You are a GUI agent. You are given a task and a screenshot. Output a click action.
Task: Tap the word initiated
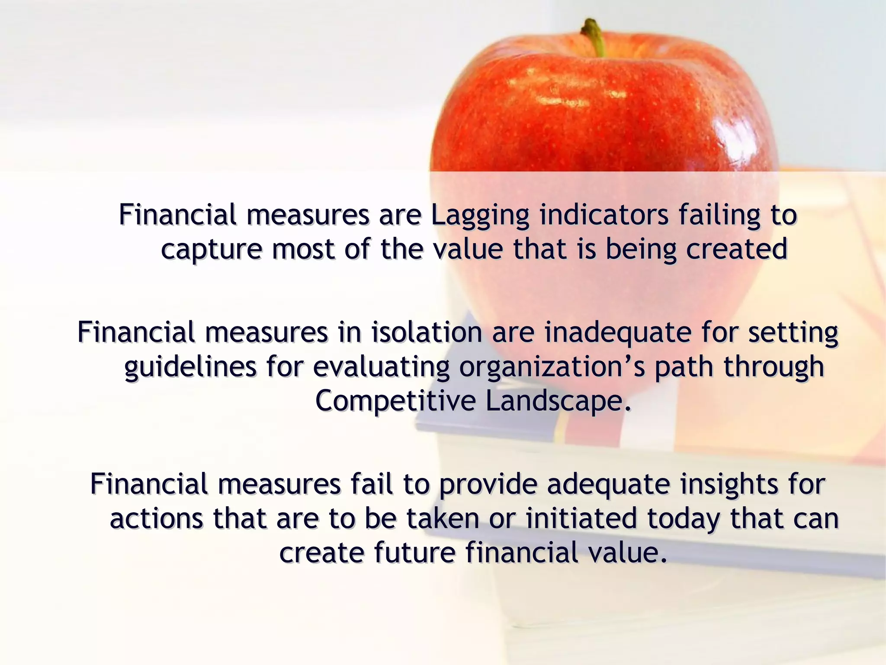coord(581,519)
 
